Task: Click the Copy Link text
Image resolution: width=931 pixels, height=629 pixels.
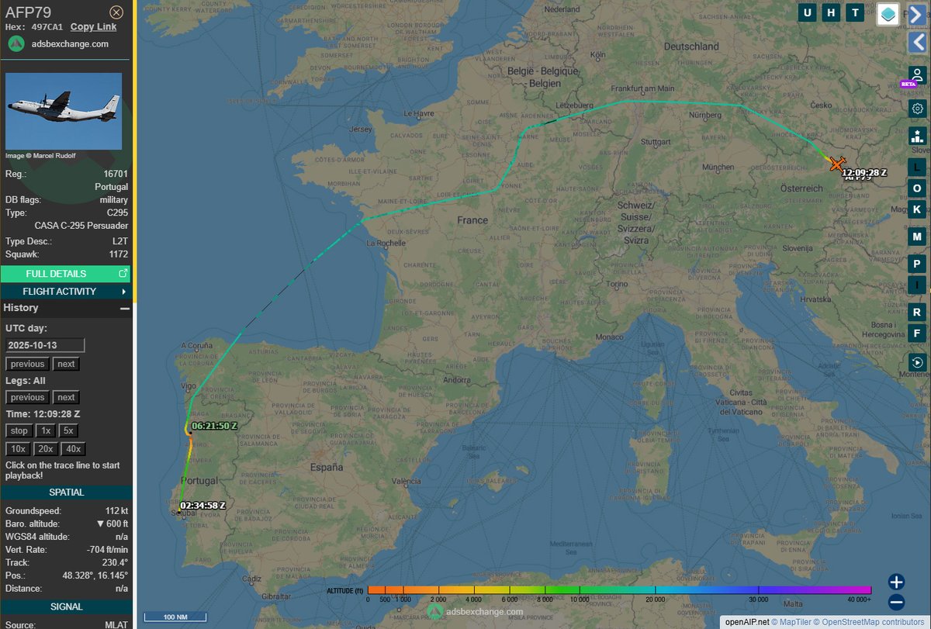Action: click(x=93, y=26)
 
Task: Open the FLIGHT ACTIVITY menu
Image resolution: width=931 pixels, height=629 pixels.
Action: click(x=65, y=292)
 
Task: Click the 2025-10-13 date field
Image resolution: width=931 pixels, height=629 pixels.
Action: click(x=45, y=345)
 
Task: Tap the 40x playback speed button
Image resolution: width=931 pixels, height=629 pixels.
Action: click(x=74, y=449)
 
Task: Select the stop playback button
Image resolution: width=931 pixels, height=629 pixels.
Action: click(x=19, y=431)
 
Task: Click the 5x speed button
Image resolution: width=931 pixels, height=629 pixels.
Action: click(x=68, y=431)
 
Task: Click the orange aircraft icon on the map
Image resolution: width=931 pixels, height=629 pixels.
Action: click(x=836, y=164)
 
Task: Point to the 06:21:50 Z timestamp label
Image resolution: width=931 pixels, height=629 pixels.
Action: click(x=214, y=426)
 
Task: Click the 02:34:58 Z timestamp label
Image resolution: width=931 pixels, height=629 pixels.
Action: click(x=202, y=506)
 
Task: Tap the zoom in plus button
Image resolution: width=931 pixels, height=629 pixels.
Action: click(x=896, y=582)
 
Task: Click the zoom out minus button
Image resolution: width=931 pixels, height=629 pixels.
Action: click(x=896, y=602)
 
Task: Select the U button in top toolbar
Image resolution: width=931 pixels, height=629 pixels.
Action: click(x=808, y=12)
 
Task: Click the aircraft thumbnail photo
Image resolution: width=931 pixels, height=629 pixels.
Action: click(x=64, y=111)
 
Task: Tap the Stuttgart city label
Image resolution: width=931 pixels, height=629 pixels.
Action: click(x=656, y=142)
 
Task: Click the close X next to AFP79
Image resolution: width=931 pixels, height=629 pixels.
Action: click(x=116, y=12)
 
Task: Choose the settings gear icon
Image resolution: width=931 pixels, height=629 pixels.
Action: click(x=917, y=109)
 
